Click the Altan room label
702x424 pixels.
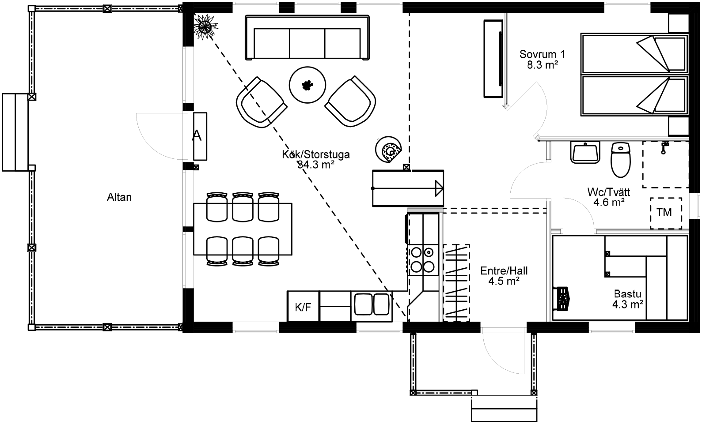pos(119,197)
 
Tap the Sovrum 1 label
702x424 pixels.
pos(542,54)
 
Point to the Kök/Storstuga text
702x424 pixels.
pos(316,154)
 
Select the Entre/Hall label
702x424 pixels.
pos(504,270)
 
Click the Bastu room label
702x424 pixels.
pos(627,294)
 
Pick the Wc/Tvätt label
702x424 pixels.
pos(609,192)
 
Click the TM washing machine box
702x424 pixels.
pos(666,213)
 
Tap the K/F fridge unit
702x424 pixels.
pos(304,306)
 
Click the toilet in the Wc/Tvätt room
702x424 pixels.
pos(621,160)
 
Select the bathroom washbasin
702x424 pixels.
pos(585,152)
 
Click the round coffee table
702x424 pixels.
pos(307,85)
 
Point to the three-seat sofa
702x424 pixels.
pos(307,38)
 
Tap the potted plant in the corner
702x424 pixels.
pos(205,27)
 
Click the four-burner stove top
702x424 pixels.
pos(423,260)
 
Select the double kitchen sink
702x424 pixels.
pos(372,304)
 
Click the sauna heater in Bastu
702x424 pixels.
pos(562,299)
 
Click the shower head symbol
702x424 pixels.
pos(664,148)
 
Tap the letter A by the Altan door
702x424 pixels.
pos(197,136)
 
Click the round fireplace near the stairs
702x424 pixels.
pos(389,150)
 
